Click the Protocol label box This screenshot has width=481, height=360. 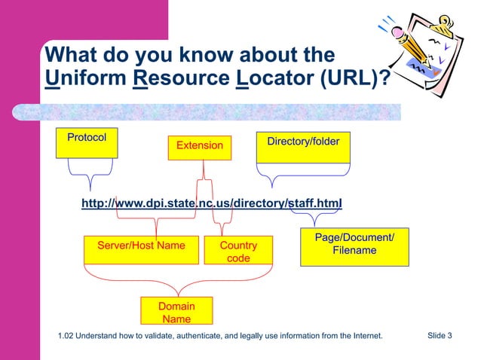pos(87,143)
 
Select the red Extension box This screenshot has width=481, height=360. pos(200,145)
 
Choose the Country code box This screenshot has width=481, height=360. pos(238,252)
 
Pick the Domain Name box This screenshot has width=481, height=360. pos(176,312)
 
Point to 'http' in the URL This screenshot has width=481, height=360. pos(93,203)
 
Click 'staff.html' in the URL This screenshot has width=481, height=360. pos(316,203)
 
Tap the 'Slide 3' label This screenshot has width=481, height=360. pos(440,335)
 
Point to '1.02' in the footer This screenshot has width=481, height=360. pos(66,336)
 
